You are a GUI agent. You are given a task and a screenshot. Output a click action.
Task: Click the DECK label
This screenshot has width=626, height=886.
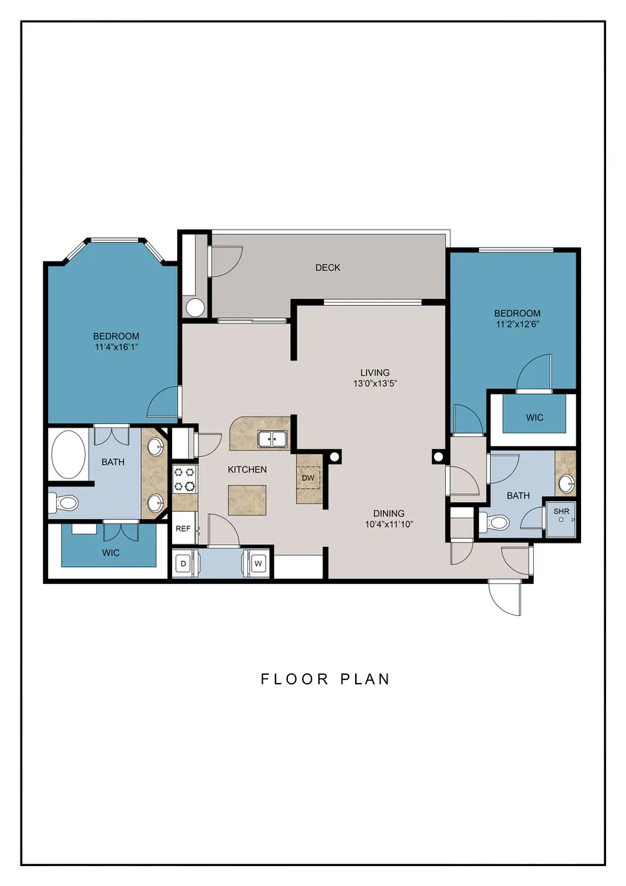pos(328,268)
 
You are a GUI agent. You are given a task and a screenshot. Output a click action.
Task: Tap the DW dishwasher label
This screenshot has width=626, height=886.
pos(308,478)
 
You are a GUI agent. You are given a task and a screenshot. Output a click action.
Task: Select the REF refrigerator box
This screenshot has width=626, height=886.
pos(185,528)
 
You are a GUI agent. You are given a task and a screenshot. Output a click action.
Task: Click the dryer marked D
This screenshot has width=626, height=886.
pos(183,563)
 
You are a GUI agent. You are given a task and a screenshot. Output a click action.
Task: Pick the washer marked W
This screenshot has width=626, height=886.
pos(258,563)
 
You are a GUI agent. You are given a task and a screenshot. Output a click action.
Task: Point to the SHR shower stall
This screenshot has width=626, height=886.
pos(561,519)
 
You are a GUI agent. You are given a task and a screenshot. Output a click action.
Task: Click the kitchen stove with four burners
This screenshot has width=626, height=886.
pos(185,479)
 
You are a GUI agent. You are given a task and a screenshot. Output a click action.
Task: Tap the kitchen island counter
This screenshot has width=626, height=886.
pos(247,500)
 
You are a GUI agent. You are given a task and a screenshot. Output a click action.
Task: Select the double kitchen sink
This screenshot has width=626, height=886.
pos(272,439)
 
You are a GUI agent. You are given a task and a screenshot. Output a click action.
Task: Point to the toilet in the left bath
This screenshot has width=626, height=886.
pos(64,504)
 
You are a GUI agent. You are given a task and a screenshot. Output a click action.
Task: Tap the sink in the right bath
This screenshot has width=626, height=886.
pos(566,484)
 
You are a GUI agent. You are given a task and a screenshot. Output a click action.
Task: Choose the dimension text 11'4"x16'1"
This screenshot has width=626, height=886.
pos(116,347)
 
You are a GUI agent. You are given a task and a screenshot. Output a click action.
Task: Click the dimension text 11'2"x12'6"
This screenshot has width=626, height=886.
pos(517,324)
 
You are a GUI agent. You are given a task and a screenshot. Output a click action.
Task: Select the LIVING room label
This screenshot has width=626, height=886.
pos(375,372)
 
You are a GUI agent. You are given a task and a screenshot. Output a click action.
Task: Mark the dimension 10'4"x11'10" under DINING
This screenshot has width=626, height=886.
pos(389,524)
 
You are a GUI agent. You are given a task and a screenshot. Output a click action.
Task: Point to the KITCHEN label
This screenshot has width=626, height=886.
pos(247,470)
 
